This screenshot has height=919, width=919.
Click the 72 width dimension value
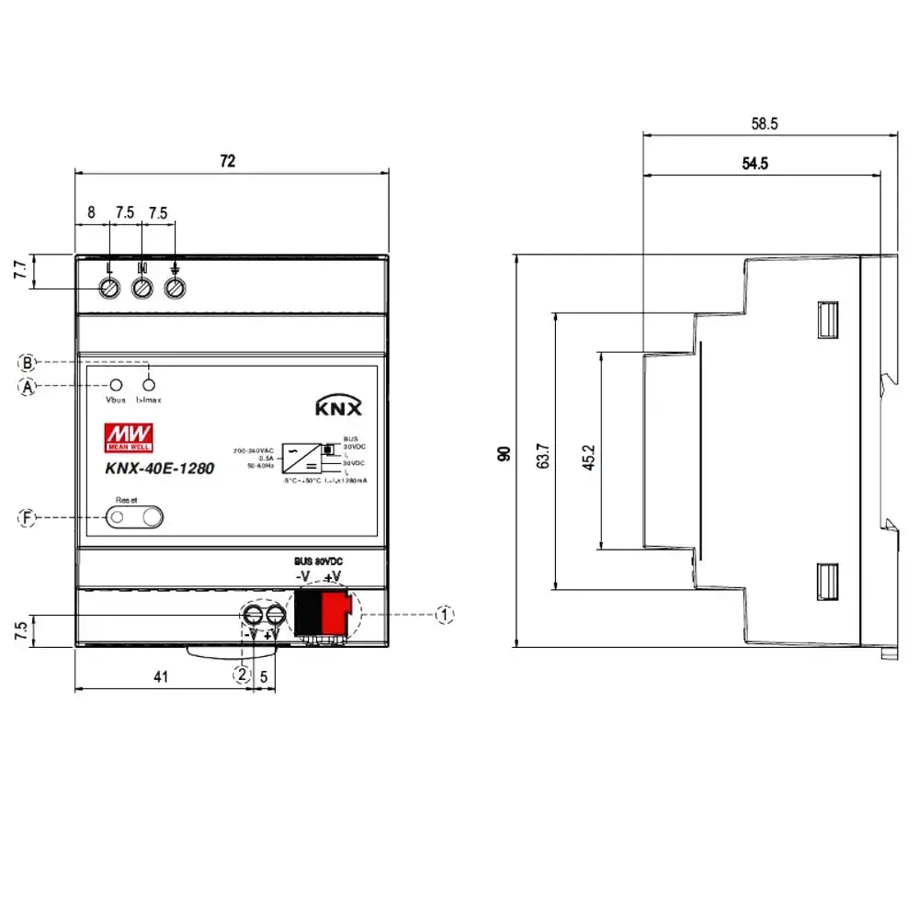(227, 161)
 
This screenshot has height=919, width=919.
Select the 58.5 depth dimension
(761, 123)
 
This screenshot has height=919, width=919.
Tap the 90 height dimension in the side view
(505, 452)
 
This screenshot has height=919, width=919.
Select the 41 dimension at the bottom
(161, 677)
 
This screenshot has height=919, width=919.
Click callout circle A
(28, 387)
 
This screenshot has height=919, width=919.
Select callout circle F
(28, 518)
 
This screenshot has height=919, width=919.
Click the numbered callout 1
(444, 614)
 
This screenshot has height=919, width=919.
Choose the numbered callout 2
(242, 675)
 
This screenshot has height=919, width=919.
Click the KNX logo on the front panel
(339, 407)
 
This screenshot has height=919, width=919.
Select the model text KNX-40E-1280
(147, 468)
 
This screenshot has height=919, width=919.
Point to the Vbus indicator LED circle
(117, 385)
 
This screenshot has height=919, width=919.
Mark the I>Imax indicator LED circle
(149, 385)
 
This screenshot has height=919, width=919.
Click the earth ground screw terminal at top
(176, 288)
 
